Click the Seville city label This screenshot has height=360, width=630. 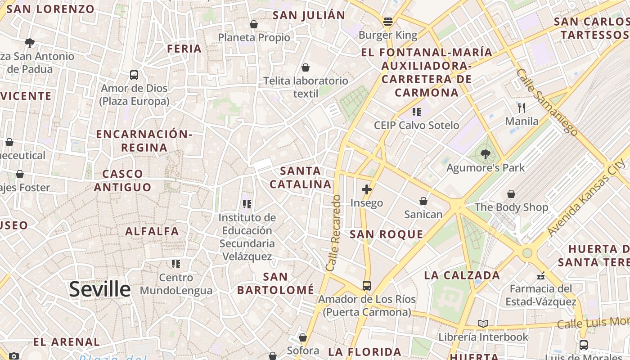[x=99, y=289]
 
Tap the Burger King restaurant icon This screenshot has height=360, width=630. [x=387, y=22]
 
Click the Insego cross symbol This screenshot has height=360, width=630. [x=367, y=189]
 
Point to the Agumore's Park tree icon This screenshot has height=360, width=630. [x=486, y=154]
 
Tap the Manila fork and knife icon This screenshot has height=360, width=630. [x=522, y=108]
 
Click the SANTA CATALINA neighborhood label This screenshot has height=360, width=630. [x=300, y=178]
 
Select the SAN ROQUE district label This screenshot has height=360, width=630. [x=387, y=234]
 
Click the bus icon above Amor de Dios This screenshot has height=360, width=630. [x=134, y=75]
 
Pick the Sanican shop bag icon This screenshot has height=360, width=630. [x=423, y=201]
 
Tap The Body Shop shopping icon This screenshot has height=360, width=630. [x=511, y=194]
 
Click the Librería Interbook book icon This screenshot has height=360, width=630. [x=483, y=324]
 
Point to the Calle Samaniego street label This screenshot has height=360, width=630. [x=546, y=102]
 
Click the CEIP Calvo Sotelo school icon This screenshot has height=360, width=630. [x=416, y=112]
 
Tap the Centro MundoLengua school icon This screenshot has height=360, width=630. [x=176, y=264]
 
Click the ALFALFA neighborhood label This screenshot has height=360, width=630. [x=152, y=232]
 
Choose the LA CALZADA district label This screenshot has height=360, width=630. [x=462, y=275]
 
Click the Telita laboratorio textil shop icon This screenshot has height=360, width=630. [x=306, y=67]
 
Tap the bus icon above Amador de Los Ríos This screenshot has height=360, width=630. [x=367, y=286]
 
